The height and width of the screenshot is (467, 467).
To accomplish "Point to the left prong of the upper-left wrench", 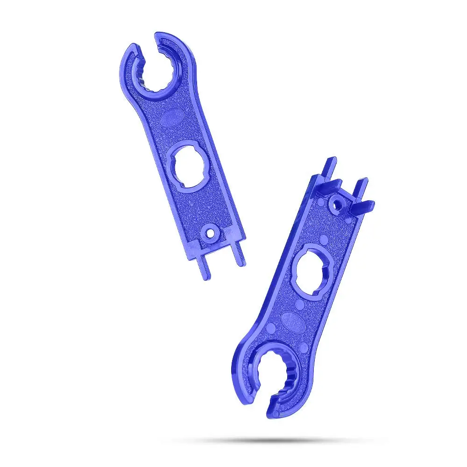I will pos(204,267).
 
